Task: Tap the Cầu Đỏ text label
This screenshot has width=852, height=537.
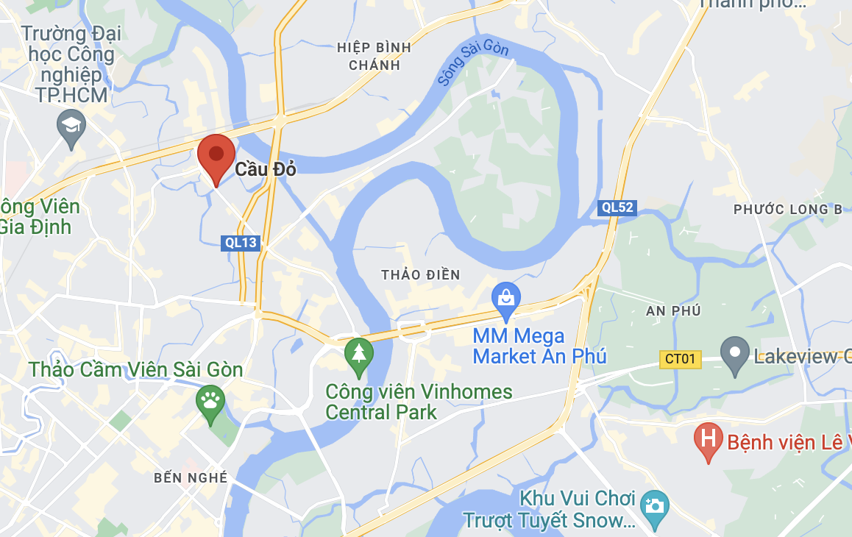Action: point(266,170)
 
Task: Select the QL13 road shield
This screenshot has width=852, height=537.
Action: point(241,243)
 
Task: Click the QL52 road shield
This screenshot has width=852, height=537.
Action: point(617,207)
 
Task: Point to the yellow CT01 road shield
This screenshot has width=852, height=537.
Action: point(680,359)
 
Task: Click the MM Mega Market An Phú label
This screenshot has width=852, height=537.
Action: point(539,346)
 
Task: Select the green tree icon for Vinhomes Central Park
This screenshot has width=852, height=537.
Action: point(359,354)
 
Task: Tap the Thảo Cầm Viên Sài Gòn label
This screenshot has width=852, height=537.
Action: point(136,369)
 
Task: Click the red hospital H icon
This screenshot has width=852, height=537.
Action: point(709,439)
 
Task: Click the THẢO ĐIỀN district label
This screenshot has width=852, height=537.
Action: point(421,275)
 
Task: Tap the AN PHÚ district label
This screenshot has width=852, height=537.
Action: point(672,311)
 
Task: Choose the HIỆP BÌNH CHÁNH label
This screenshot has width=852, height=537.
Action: point(374,56)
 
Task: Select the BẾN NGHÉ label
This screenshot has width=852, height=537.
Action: point(191,478)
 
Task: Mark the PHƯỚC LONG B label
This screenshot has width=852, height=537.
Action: point(788,210)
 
